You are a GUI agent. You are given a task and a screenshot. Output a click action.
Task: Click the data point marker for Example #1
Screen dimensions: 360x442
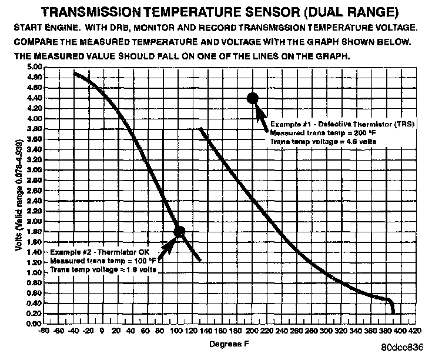tap(253, 98)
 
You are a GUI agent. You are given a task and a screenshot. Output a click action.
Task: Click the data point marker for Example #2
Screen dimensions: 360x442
tap(179, 232)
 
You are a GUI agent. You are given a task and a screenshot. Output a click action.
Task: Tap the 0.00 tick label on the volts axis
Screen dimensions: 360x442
tap(35, 324)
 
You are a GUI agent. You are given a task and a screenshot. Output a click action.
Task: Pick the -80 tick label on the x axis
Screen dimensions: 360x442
tap(42, 331)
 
